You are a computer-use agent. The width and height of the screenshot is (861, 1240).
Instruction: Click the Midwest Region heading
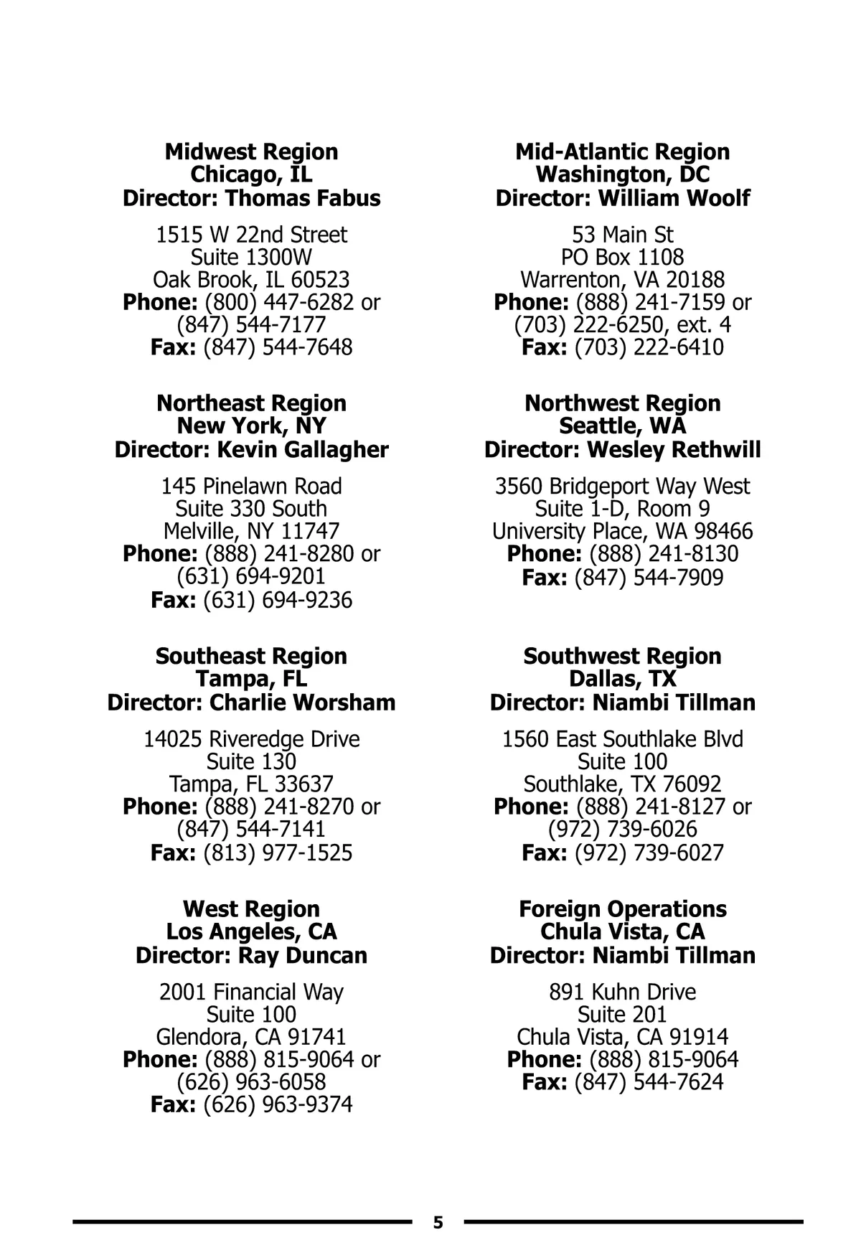[x=251, y=151]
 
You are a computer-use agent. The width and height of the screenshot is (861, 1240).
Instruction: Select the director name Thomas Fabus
[x=302, y=198]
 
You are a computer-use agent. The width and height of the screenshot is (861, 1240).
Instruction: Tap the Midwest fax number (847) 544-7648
[x=278, y=347]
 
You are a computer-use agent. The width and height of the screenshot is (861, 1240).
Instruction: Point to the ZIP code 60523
[x=320, y=280]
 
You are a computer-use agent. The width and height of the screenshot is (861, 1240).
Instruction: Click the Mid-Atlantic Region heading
[x=622, y=151]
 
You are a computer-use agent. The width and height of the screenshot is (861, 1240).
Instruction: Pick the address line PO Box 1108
[x=622, y=257]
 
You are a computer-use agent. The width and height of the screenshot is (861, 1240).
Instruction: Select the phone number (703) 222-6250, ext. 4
[x=622, y=324]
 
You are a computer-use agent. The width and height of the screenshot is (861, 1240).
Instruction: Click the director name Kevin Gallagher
[x=302, y=450]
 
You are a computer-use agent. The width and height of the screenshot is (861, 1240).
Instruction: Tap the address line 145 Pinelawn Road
[x=251, y=486]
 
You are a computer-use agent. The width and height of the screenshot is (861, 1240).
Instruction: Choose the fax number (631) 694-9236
[x=278, y=600]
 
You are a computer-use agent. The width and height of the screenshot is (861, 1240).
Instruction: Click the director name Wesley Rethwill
[x=674, y=450]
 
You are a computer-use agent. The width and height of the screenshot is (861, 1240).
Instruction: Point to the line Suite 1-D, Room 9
[x=622, y=509]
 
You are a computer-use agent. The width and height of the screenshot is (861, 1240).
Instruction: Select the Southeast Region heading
[x=251, y=656]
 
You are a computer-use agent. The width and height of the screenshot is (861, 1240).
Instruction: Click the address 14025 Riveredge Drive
[x=251, y=739]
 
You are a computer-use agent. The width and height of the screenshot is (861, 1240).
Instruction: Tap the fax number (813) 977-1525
[x=278, y=852]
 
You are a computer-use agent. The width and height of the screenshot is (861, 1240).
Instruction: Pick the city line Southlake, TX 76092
[x=622, y=784]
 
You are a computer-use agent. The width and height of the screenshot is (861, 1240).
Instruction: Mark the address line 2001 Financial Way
[x=251, y=992]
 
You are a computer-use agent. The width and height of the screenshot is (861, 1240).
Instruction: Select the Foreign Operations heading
[x=622, y=909]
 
